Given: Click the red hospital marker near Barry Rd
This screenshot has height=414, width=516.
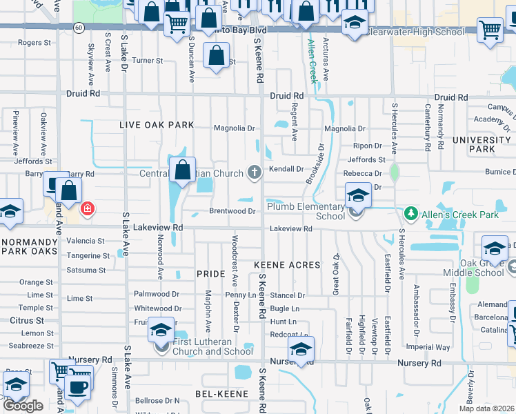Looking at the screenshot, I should [88, 208].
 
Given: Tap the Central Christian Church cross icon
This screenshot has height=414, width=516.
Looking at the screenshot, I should [255, 172].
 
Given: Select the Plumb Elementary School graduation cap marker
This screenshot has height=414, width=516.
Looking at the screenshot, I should [358, 195].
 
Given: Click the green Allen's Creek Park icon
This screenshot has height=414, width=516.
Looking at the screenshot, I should [411, 214].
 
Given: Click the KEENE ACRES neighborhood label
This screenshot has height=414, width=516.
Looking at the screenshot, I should [287, 265].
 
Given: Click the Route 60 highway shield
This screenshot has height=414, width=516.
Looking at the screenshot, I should [79, 28].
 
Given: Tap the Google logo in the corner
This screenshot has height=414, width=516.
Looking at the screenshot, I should [23, 406].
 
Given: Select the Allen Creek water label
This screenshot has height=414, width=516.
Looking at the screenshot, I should [312, 61].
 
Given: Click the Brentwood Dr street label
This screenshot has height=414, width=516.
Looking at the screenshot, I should [233, 211].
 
